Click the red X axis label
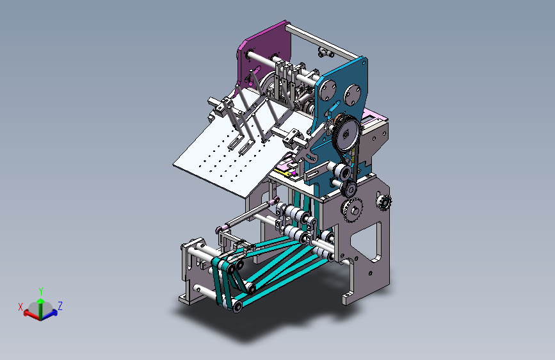pos(20,307)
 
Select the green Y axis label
pos(41,291)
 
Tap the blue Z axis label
pos(60,306)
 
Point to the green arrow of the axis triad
pos(41,308)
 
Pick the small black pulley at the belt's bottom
pos(350,190)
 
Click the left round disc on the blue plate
pos(328,90)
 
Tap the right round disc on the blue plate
pos(352,95)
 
